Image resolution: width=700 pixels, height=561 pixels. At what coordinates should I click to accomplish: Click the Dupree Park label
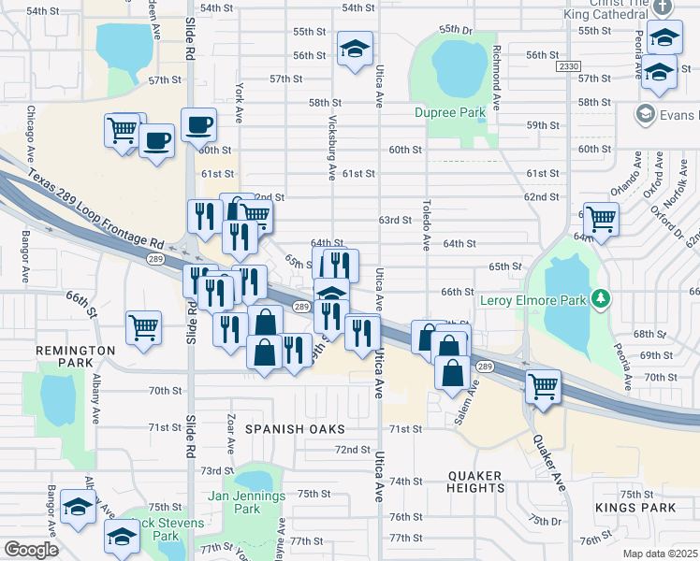coord(450,112)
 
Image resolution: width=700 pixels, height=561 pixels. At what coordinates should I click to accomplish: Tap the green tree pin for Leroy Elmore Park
coord(600,300)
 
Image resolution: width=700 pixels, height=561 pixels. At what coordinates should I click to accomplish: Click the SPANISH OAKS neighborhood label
coord(295,428)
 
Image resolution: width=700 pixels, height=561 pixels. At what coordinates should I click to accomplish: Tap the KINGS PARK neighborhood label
coord(634,508)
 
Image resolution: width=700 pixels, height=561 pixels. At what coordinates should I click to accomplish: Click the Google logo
coord(30,550)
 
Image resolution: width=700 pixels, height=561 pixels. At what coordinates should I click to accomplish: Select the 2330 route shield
coord(567,67)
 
